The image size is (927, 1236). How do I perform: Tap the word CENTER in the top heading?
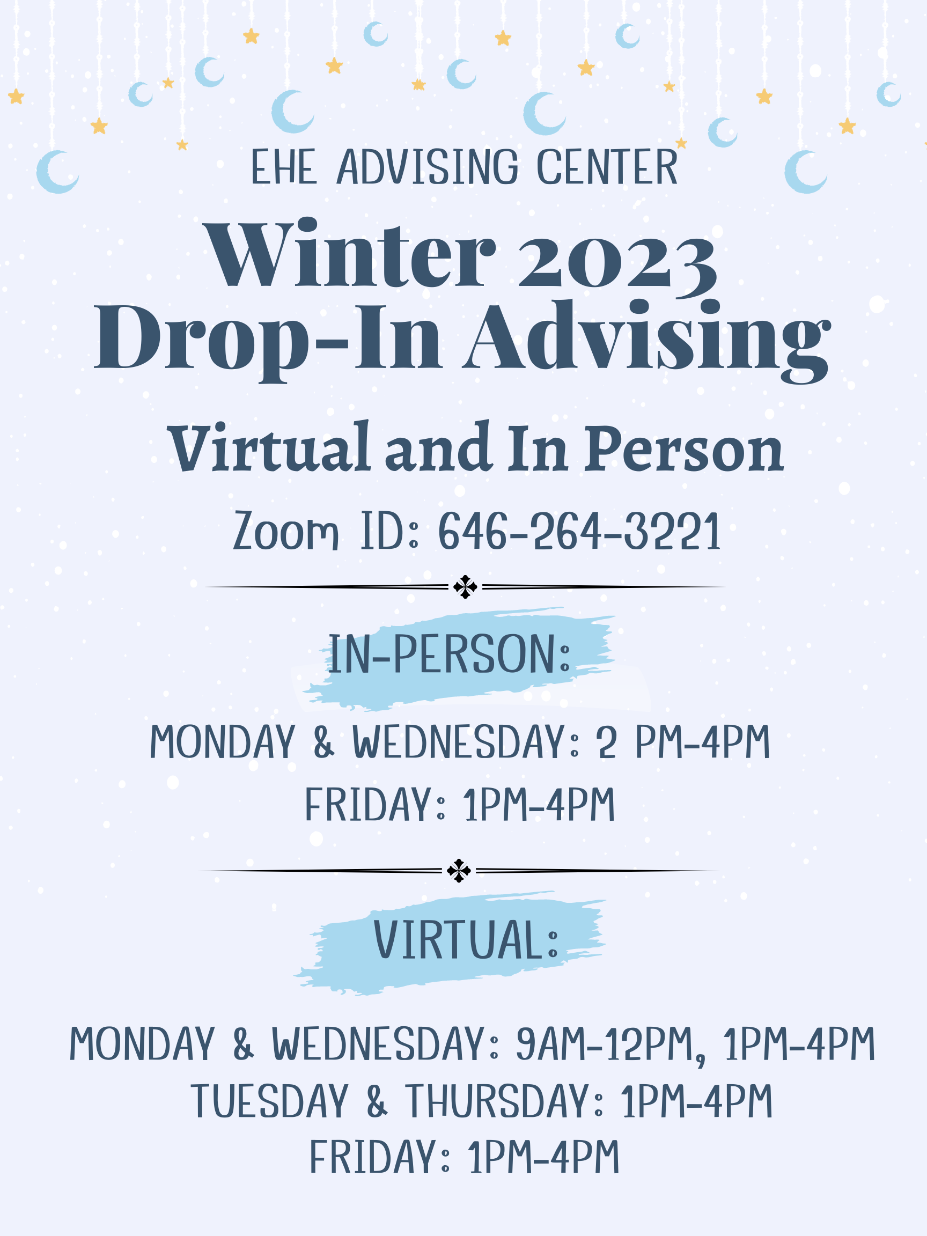(x=607, y=166)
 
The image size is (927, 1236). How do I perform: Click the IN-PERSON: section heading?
(x=449, y=654)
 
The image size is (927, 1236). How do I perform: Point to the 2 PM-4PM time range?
(x=683, y=742)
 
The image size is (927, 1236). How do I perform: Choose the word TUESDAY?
(x=269, y=1101)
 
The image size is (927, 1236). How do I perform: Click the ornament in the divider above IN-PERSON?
(x=465, y=587)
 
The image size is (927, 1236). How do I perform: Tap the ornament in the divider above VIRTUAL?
(x=459, y=871)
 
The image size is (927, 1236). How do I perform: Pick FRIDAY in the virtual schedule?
(x=373, y=1157)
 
